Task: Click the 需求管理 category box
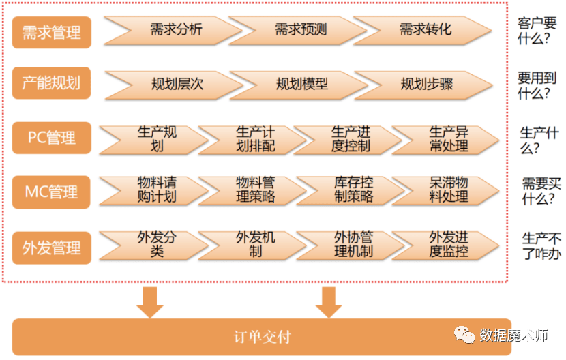[52, 32]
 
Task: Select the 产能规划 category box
[52, 83]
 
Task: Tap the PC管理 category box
[52, 138]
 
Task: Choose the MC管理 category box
[52, 192]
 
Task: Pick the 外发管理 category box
[52, 247]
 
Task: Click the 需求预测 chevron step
[297, 30]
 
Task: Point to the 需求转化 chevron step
[422, 30]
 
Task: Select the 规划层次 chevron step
[174, 85]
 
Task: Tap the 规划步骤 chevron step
[423, 85]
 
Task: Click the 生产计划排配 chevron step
[252, 140]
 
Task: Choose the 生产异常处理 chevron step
[445, 140]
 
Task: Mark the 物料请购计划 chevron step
[153, 191]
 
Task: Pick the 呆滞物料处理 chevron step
[445, 191]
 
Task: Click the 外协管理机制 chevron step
[350, 245]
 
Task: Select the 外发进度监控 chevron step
[445, 245]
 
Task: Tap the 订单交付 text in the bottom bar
[263, 337]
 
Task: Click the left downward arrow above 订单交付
[150, 303]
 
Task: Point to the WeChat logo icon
[464, 335]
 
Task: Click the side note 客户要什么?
[537, 31]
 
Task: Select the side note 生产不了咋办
[541, 246]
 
